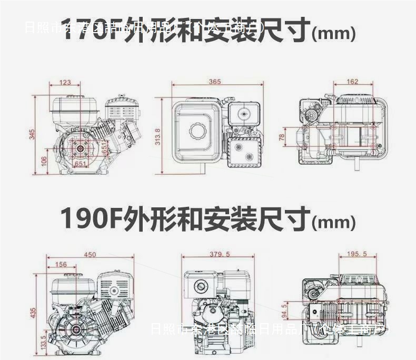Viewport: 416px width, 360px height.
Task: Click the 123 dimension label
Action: (x=65, y=82)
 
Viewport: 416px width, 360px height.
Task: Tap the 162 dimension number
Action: (x=353, y=82)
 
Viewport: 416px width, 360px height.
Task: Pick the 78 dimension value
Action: (x=282, y=137)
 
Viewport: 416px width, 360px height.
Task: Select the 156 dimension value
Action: (x=61, y=265)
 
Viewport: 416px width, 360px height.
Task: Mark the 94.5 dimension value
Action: (x=285, y=312)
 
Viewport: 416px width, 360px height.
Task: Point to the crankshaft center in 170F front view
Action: (x=82, y=149)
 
